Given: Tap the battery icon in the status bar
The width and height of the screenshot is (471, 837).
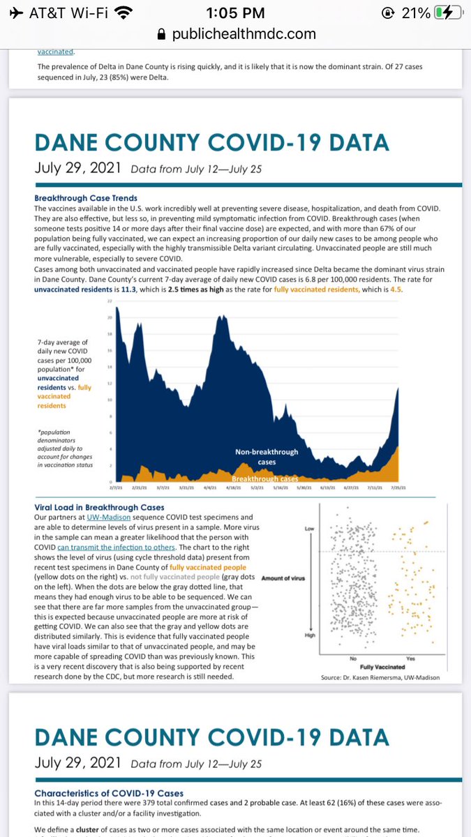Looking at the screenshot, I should point(446,13).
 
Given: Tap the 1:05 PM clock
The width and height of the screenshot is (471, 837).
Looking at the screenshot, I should point(234,13).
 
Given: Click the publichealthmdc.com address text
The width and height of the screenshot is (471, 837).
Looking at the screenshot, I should point(244,33).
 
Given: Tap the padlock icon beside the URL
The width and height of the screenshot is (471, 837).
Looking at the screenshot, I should point(162,33).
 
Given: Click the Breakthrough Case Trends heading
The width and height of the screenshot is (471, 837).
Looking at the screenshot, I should point(86,198).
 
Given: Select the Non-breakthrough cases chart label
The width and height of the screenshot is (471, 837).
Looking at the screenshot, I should point(267,457).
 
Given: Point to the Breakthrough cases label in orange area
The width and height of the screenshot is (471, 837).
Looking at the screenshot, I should point(265,479).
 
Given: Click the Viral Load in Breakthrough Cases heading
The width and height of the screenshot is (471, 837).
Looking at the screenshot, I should point(99,507).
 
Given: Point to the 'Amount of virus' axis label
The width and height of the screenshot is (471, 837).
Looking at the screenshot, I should point(283,578).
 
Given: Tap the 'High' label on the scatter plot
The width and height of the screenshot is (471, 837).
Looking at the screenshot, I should point(310,635).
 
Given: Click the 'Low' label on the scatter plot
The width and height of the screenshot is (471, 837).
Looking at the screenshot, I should point(310,529).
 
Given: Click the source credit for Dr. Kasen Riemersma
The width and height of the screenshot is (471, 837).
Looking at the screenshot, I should point(380,677).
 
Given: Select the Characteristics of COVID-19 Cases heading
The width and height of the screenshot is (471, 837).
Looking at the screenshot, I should point(108,793).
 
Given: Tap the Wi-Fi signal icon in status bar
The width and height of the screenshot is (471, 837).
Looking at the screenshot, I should point(124,13).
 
